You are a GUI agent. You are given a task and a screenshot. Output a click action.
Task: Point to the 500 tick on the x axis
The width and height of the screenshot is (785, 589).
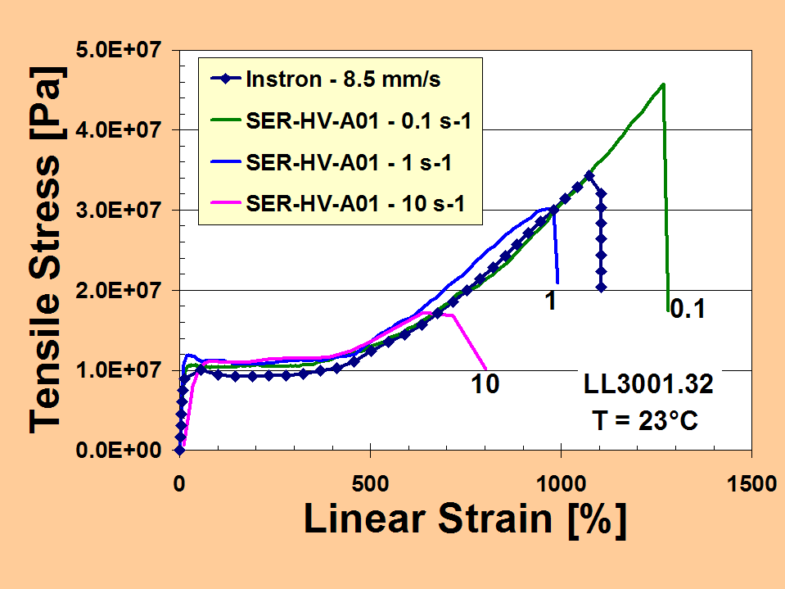click(x=371, y=483)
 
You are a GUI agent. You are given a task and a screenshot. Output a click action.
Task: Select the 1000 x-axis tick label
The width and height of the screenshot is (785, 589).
click(x=561, y=483)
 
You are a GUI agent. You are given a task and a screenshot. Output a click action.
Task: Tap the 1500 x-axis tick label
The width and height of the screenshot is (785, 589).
click(x=751, y=483)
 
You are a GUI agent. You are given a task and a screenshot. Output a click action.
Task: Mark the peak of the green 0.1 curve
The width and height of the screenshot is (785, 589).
click(x=662, y=84)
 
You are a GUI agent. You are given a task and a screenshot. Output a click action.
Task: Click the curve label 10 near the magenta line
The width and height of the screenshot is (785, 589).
click(x=485, y=383)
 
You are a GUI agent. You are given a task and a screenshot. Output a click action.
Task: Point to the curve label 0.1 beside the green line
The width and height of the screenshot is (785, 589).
click(x=688, y=309)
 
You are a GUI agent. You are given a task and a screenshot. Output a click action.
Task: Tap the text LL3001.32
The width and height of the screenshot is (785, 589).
click(x=647, y=384)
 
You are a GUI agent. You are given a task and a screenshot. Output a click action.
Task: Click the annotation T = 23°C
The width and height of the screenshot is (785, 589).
click(x=644, y=421)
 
